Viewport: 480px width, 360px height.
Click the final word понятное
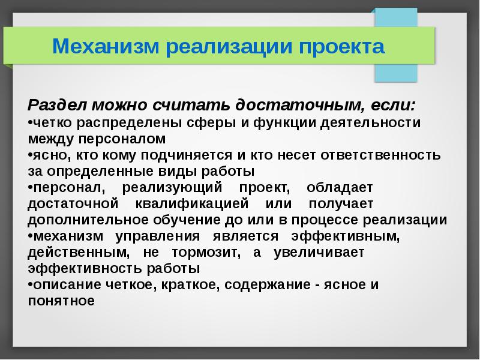61,301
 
